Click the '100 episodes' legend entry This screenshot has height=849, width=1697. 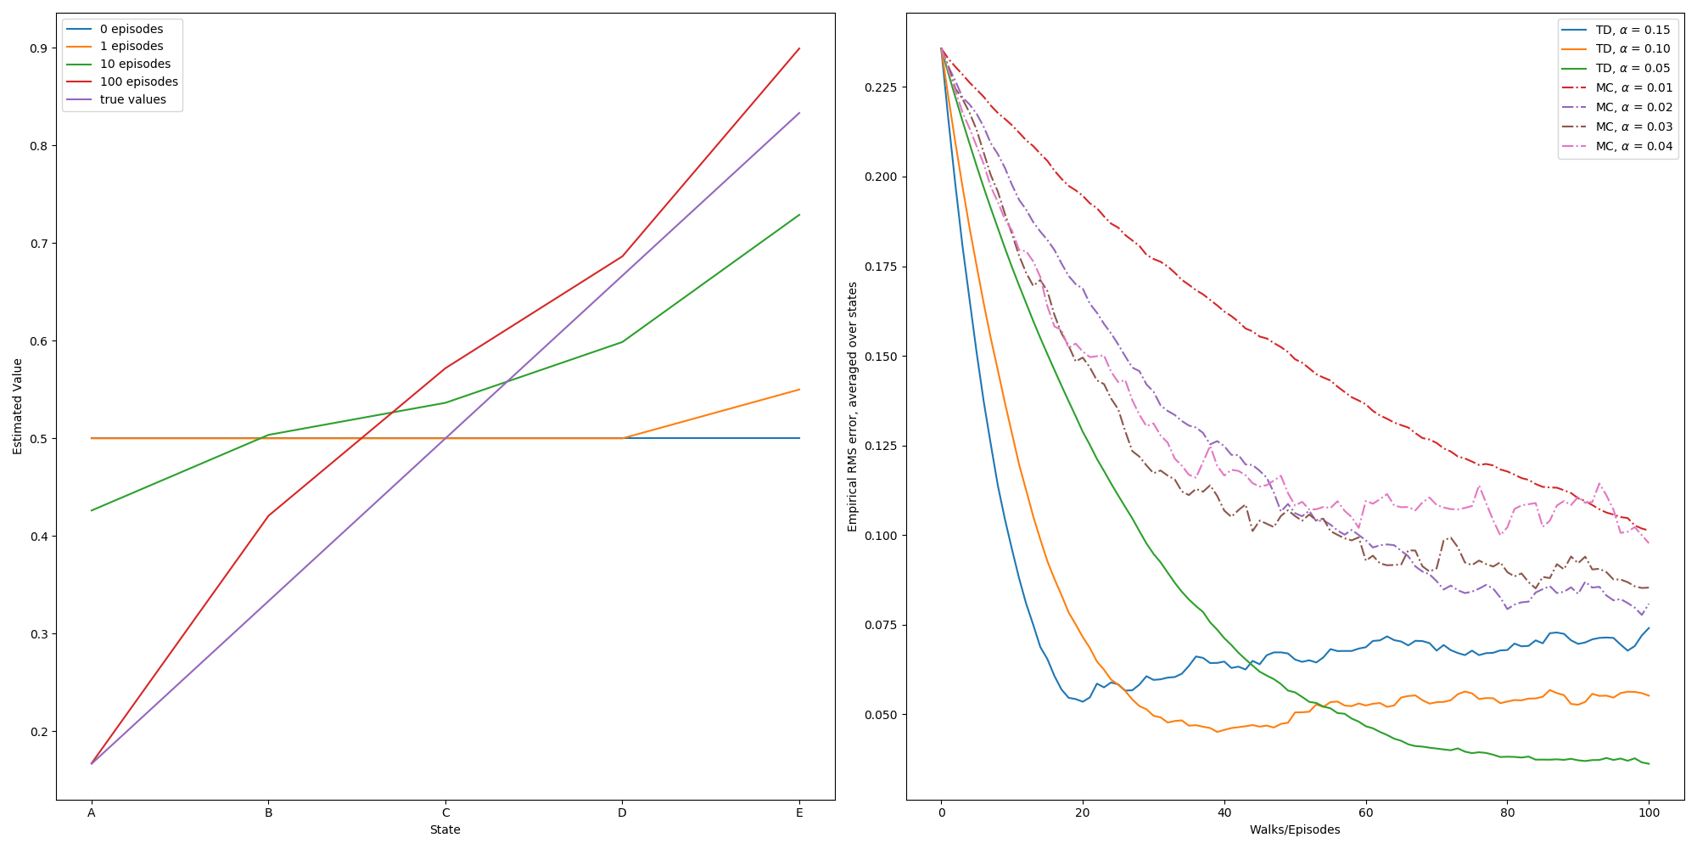(138, 82)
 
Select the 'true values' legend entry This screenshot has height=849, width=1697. (132, 100)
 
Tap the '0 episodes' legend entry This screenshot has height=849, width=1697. (131, 29)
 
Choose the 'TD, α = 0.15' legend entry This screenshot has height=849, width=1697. (1632, 30)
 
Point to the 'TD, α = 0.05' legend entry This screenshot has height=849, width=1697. (1632, 69)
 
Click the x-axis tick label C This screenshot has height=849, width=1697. (445, 813)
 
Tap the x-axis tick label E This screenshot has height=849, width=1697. (799, 813)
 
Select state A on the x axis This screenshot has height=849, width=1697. (92, 813)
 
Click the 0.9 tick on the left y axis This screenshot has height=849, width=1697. (38, 48)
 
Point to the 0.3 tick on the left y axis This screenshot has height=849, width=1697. (38, 634)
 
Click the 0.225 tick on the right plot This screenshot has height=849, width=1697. (881, 87)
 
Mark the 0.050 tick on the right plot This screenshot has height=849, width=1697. (881, 715)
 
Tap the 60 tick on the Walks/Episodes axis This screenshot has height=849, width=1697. (1365, 813)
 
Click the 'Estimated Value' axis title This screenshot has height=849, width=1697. (18, 406)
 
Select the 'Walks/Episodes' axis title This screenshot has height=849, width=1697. (1294, 830)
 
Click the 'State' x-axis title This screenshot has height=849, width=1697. (445, 830)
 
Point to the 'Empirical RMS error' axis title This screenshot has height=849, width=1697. (853, 407)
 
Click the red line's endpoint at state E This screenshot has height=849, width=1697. (799, 48)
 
